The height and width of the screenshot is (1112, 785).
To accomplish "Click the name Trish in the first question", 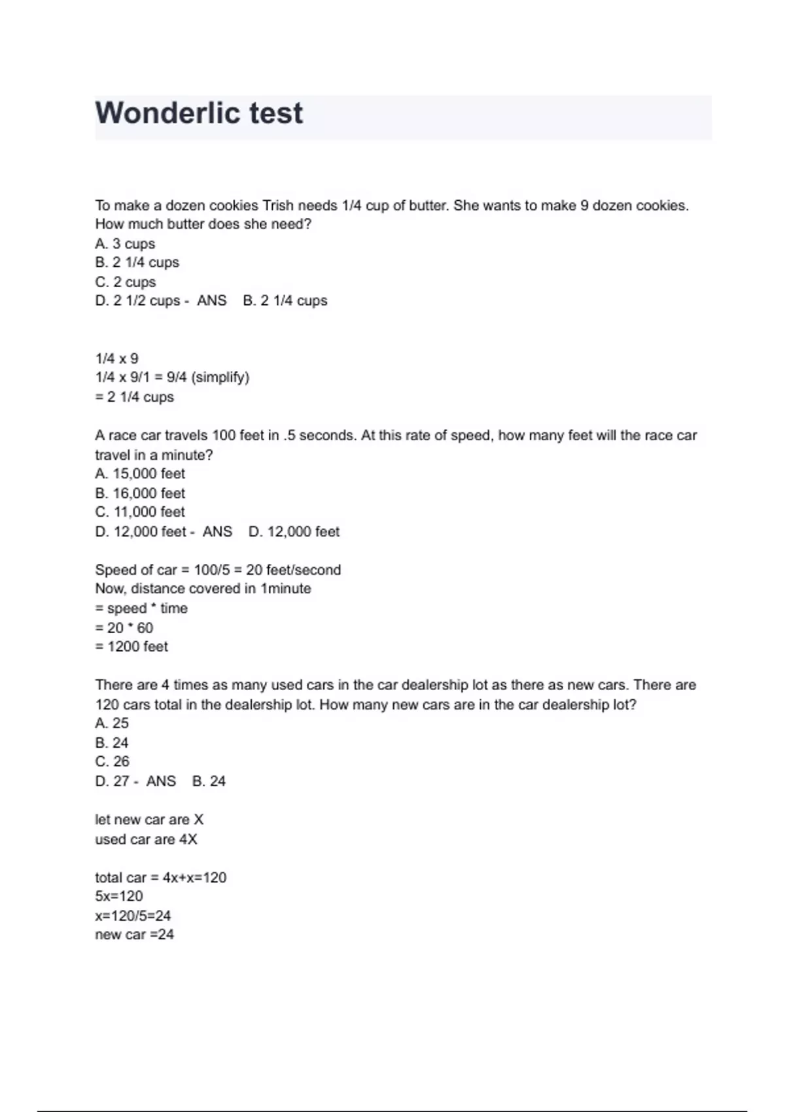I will click(x=278, y=205).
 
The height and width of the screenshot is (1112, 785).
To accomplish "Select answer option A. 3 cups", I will click(x=125, y=244).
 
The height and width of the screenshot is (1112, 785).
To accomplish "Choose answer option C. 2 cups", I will click(x=126, y=282).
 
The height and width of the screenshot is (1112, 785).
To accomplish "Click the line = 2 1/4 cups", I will click(x=135, y=397).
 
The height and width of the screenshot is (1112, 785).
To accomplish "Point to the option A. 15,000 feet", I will click(x=140, y=474).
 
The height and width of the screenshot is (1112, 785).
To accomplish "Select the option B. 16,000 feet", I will click(x=140, y=493).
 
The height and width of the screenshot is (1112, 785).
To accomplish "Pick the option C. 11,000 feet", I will click(x=140, y=512).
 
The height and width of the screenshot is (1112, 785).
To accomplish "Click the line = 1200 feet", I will click(x=131, y=647).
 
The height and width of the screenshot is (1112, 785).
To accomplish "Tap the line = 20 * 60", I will click(x=124, y=628).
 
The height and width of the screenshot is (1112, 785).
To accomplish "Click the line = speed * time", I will click(x=141, y=608).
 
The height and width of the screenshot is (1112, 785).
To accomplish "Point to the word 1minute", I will click(x=286, y=589).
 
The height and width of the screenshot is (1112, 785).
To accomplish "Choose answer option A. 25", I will click(x=112, y=723).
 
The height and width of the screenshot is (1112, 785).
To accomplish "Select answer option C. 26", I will click(x=113, y=761).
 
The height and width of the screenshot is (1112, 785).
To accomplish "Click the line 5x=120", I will click(x=119, y=896).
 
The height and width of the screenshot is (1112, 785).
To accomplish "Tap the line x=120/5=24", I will click(x=133, y=916).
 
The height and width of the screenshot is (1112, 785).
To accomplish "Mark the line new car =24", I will click(x=135, y=935).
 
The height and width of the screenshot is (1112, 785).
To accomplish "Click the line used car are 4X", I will click(x=146, y=839).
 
